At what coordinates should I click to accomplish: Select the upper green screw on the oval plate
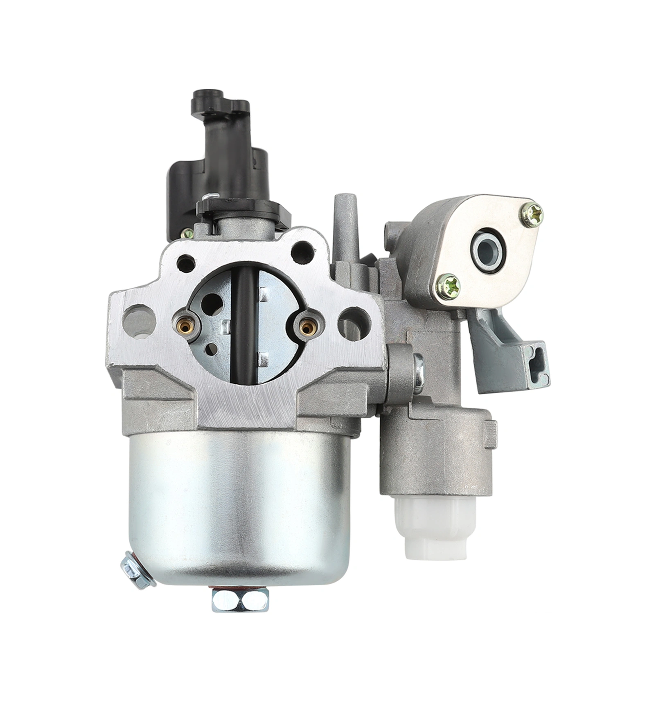coord(533,213)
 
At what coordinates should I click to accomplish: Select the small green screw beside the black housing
coord(189,234)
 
